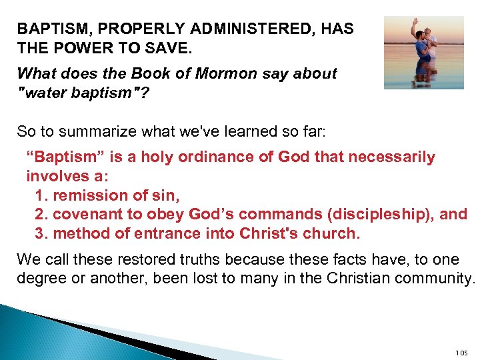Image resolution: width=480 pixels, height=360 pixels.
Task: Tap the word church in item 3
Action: click(x=330, y=234)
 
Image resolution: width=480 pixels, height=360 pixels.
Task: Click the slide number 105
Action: click(x=461, y=353)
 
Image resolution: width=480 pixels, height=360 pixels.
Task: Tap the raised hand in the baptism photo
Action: click(x=415, y=22)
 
